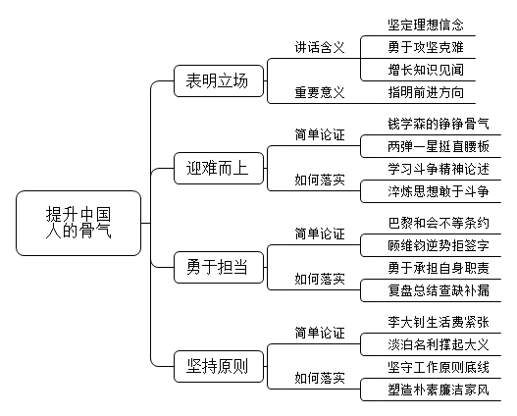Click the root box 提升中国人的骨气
point(78,223)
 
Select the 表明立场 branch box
point(219,80)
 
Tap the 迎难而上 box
point(219,168)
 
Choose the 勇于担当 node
point(219,267)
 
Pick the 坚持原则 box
point(219,366)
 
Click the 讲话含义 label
point(320,47)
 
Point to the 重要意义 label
point(320,92)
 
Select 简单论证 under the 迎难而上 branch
point(320,134)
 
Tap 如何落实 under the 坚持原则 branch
point(320,378)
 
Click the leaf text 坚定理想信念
point(426,25)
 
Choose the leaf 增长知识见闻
point(426,70)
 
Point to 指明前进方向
point(426,92)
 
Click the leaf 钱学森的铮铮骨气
point(439,124)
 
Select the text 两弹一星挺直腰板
point(439,147)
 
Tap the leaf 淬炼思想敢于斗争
point(439,191)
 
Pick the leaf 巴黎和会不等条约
point(439,223)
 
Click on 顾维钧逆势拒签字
point(439,245)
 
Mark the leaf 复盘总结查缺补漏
point(439,290)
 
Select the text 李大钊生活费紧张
point(439,322)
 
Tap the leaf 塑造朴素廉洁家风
point(439,390)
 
